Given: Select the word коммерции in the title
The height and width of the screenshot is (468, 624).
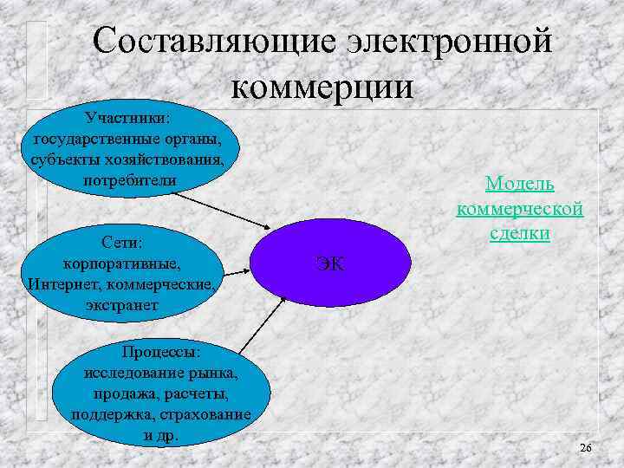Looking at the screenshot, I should pyautogui.click(x=324, y=87).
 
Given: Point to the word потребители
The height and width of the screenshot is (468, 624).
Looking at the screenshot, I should pyautogui.click(x=129, y=180).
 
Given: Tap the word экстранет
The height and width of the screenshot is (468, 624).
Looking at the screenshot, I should pyautogui.click(x=122, y=305).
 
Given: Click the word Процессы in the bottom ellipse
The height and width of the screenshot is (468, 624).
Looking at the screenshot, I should pyautogui.click(x=160, y=352).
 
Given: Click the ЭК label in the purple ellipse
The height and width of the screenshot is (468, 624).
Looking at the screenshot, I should pyautogui.click(x=329, y=263).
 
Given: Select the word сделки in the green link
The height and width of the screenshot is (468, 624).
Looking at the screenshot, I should pyautogui.click(x=520, y=234).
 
